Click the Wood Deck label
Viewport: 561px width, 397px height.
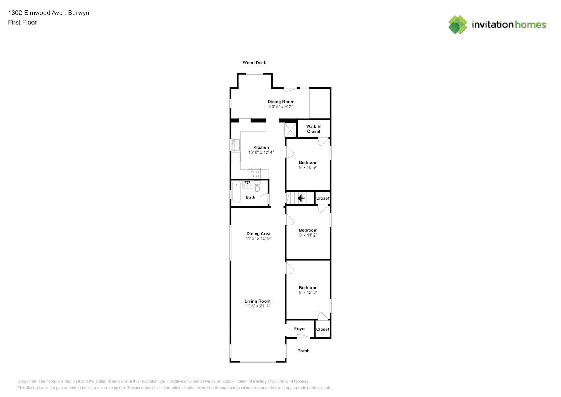[254, 63]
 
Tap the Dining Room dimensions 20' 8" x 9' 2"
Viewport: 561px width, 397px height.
[281, 106]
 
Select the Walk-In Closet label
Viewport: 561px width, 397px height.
[313, 129]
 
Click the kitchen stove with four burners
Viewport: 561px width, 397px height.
[254, 173]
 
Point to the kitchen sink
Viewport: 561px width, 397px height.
[235, 145]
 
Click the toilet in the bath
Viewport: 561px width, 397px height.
[257, 186]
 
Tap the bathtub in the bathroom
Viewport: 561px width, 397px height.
[236, 191]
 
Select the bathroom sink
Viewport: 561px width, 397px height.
[247, 184]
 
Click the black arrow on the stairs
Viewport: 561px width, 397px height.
[301, 198]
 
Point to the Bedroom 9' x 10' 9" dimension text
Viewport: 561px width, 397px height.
[308, 167]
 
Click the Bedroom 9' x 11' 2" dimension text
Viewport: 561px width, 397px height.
[308, 235]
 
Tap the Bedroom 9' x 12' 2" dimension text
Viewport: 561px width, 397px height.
[308, 293]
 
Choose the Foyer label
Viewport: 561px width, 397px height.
[300, 328]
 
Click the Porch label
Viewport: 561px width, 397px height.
[303, 351]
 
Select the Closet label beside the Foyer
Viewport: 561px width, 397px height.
[323, 330]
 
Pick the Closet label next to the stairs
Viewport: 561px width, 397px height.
[323, 198]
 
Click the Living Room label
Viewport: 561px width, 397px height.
[257, 301]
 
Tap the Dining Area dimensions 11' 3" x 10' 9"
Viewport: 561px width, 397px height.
[258, 238]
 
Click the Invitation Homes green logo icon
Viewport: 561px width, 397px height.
[457, 25]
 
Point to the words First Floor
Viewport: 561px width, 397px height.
[22, 22]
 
